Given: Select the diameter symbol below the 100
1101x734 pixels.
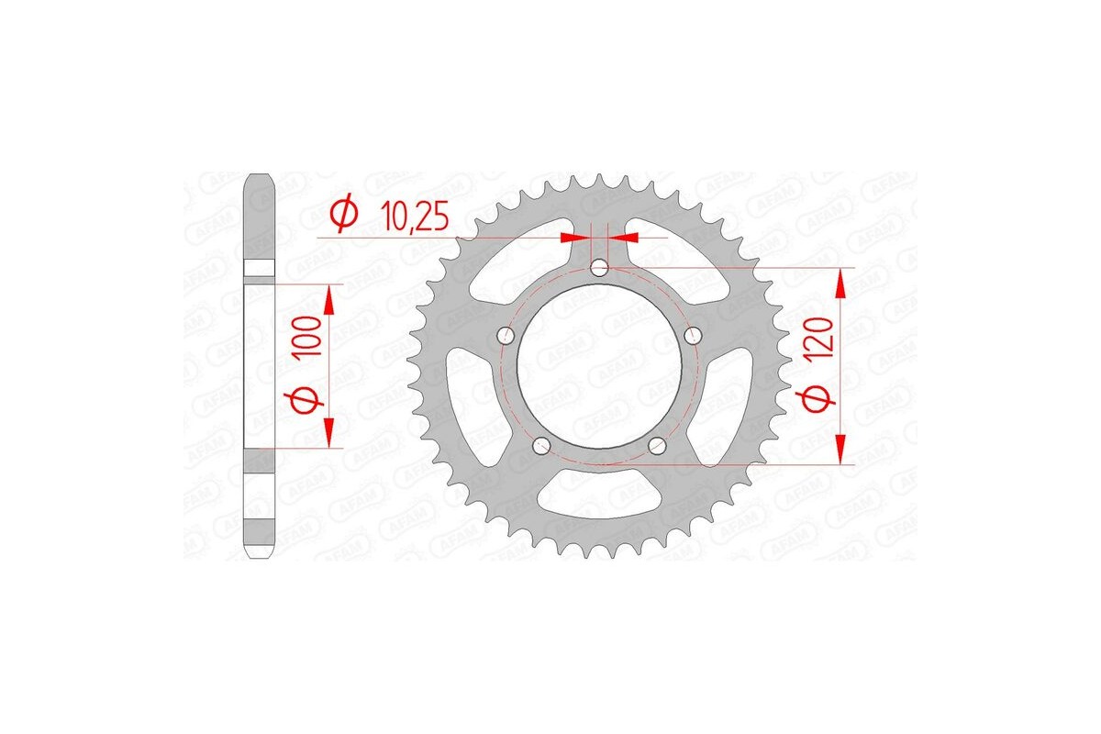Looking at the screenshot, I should [308, 399].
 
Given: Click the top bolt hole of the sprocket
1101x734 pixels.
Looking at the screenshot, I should [599, 268].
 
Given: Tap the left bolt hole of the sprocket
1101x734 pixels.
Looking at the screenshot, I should [505, 337].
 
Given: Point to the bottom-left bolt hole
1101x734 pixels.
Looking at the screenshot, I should [540, 446].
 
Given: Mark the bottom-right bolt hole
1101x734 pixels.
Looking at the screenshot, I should [657, 446].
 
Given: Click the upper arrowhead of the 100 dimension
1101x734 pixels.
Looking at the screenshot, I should [328, 299].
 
